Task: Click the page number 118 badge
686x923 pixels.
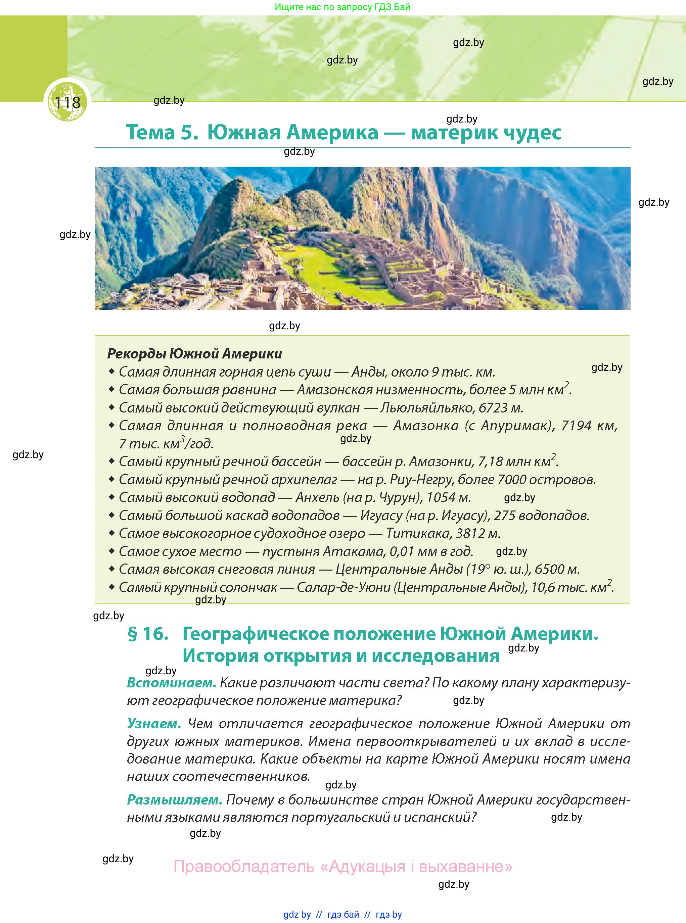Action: tap(67, 102)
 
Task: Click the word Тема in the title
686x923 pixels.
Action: tap(150, 132)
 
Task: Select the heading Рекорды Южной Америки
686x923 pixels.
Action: tap(194, 354)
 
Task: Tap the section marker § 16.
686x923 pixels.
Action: tap(148, 634)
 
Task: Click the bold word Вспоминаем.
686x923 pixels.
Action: tap(172, 683)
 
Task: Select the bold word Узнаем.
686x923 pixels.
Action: tap(154, 723)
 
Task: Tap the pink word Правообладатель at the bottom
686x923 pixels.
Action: tap(244, 867)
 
